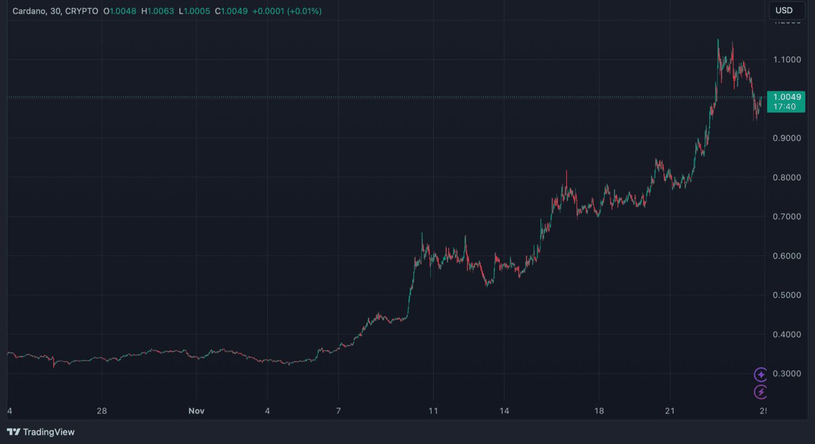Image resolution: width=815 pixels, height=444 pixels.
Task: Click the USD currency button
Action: (x=783, y=10)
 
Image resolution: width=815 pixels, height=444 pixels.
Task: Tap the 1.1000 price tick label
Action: (x=787, y=60)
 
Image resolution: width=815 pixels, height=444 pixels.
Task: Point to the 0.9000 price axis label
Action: (x=787, y=138)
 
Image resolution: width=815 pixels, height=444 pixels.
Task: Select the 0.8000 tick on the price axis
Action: (x=787, y=177)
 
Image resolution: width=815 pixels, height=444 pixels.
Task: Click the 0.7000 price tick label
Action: (x=787, y=217)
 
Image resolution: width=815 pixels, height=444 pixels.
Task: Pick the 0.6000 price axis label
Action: (x=787, y=256)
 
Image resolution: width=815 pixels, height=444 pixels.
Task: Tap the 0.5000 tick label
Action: (x=787, y=295)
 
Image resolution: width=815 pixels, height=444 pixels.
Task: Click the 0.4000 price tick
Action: (x=787, y=334)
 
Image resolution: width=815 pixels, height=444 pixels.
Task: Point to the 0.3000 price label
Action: (x=787, y=374)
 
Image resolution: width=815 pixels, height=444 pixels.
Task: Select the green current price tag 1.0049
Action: (x=786, y=102)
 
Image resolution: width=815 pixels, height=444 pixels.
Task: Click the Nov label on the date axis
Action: (x=196, y=411)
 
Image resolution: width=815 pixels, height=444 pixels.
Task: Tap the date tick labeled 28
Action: (x=102, y=411)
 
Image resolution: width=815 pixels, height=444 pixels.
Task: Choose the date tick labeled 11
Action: (x=433, y=411)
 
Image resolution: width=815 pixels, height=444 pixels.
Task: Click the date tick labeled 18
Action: (x=599, y=411)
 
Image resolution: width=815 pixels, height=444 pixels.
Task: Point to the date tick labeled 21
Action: (x=670, y=411)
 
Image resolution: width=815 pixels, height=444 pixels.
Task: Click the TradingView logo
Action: (x=41, y=432)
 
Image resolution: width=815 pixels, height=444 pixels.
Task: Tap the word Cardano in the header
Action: (x=29, y=11)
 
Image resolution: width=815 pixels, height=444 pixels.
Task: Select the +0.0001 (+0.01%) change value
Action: (x=287, y=11)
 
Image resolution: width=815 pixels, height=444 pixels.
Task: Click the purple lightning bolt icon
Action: (x=761, y=392)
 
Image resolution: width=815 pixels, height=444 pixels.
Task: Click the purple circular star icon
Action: (x=761, y=375)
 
